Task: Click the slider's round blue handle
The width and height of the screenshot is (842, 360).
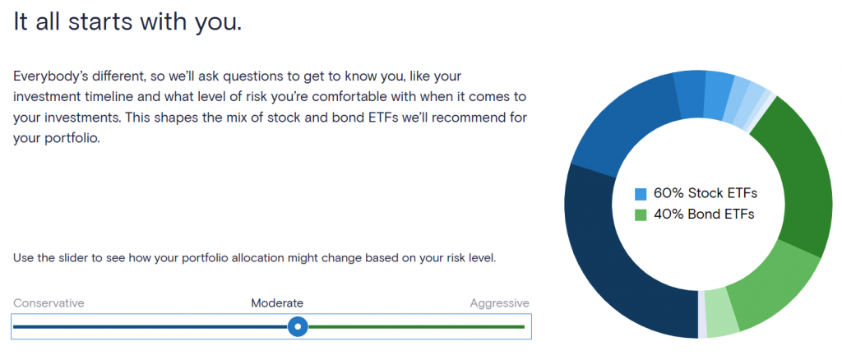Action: pyautogui.click(x=298, y=326)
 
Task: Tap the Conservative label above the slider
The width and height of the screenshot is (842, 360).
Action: pyautogui.click(x=49, y=303)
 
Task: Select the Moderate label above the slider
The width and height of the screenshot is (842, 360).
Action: pyautogui.click(x=277, y=303)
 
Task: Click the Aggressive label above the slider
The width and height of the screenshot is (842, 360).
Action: pyautogui.click(x=499, y=303)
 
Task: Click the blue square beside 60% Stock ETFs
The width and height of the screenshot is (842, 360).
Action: pyautogui.click(x=641, y=194)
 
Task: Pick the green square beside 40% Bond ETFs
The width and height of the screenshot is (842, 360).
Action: pyautogui.click(x=641, y=215)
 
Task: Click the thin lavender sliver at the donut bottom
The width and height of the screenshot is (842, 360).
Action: pyautogui.click(x=702, y=316)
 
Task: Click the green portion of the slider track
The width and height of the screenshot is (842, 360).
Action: pyautogui.click(x=416, y=326)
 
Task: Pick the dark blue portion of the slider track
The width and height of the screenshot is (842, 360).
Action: pyautogui.click(x=150, y=326)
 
